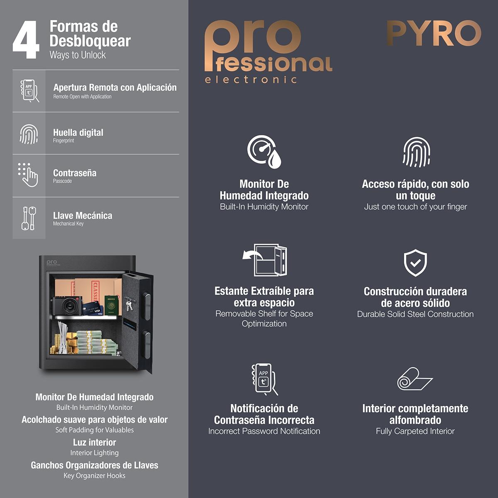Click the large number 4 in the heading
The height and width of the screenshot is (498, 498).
click(x=26, y=39)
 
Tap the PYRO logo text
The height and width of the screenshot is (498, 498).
click(x=434, y=33)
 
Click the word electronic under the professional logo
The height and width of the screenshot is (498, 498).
click(x=251, y=79)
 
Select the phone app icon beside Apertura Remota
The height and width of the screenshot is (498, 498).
click(x=29, y=91)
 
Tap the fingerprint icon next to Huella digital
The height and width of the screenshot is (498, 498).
click(x=29, y=134)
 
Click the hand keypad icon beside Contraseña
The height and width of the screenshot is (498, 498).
click(x=28, y=175)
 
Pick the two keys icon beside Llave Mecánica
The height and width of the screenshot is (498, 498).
click(x=29, y=218)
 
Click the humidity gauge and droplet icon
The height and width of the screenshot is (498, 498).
click(x=264, y=152)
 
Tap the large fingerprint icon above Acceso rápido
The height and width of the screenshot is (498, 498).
click(x=416, y=152)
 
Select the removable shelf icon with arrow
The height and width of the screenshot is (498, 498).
click(x=265, y=260)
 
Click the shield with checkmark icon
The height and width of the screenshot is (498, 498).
click(x=415, y=263)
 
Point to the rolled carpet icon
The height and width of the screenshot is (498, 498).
click(x=415, y=378)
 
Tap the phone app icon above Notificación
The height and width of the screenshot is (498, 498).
click(x=264, y=379)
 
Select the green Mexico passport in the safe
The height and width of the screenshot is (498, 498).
click(x=111, y=305)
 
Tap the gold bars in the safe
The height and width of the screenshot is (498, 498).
click(x=71, y=342)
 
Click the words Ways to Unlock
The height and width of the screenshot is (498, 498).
click(x=78, y=55)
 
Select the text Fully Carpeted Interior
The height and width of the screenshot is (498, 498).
click(x=415, y=431)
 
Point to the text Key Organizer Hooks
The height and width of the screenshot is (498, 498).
click(x=94, y=476)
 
